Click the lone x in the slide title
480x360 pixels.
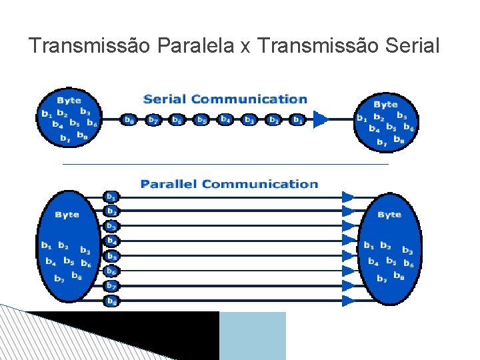pos(245,47)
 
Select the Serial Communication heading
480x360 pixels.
pos(225,99)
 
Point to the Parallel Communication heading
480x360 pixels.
pos(229,184)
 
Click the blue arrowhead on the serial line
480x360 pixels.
pos(321,120)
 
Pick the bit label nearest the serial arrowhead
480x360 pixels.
pos(298,120)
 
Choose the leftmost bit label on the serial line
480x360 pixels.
pos(129,120)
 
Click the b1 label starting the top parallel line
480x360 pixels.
pos(111,197)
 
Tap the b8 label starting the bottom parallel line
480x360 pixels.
pos(111,301)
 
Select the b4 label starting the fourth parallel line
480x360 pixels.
pos(111,241)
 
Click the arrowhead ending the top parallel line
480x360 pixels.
pos(348,197)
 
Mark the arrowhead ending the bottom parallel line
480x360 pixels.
pos(348,301)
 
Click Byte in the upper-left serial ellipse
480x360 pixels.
pos(69,101)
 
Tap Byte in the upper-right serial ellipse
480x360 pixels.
pos(385,104)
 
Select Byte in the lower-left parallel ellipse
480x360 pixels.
pos(67,215)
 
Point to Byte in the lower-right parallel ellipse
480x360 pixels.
pos(389,215)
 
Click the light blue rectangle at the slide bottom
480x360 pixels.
pos(252,335)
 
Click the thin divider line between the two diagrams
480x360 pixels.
pos(225,163)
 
